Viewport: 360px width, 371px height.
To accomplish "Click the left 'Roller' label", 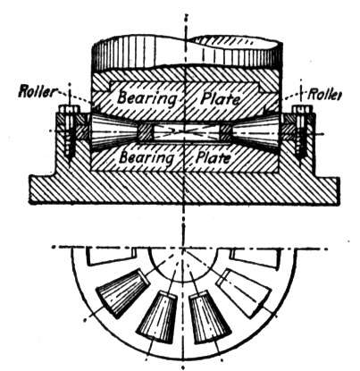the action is [37, 91].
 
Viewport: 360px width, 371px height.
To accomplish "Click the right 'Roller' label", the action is [324, 94].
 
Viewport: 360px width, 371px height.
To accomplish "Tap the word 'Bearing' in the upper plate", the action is [147, 98].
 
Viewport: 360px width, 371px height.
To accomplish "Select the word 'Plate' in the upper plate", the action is [220, 98].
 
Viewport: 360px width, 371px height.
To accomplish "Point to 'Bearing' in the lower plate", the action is [146, 158].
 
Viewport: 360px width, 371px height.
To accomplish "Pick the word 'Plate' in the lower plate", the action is [213, 157].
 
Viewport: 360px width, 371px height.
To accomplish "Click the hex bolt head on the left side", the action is [70, 110].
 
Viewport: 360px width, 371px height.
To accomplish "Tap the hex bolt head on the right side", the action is [303, 110].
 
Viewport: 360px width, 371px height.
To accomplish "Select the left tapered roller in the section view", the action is [113, 131].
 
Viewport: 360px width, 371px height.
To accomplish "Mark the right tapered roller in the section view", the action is [255, 131].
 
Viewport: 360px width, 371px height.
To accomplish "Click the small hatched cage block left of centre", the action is [146, 132].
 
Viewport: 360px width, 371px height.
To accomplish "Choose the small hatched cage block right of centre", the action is [225, 132].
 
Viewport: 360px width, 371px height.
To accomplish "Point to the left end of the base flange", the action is [29, 190].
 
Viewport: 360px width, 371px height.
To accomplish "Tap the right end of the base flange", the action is [339, 190].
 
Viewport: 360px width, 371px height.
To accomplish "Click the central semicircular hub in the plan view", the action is [183, 266].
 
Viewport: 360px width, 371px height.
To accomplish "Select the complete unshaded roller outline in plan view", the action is [243, 293].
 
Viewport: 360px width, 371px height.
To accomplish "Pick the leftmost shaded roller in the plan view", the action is [121, 293].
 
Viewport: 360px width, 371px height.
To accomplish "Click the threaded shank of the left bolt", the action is [70, 137].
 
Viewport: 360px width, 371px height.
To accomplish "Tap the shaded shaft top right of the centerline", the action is [235, 51].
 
